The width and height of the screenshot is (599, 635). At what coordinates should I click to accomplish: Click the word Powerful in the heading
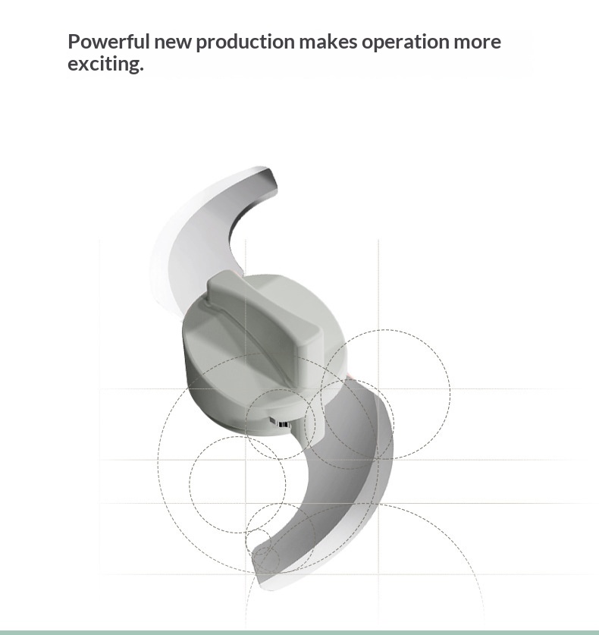pyautogui.click(x=109, y=42)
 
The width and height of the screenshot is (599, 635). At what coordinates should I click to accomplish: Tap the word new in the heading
pyautogui.click(x=173, y=42)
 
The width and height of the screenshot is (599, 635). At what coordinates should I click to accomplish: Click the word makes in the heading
pyautogui.click(x=328, y=42)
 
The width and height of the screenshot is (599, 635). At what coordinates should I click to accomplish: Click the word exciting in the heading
pyautogui.click(x=103, y=64)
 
